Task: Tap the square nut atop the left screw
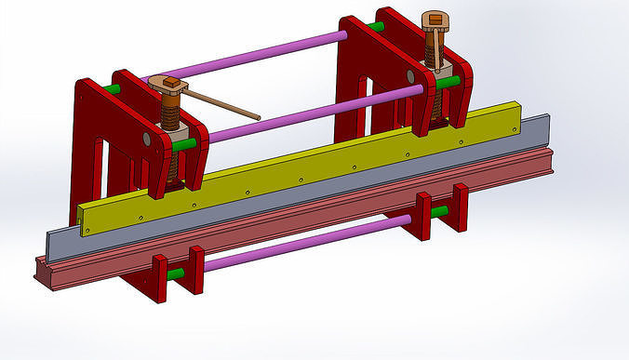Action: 170,87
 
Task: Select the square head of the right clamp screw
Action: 434,20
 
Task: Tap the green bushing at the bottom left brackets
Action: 176,274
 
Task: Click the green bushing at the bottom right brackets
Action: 438,211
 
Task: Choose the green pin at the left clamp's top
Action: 113,90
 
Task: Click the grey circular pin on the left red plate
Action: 146,139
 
